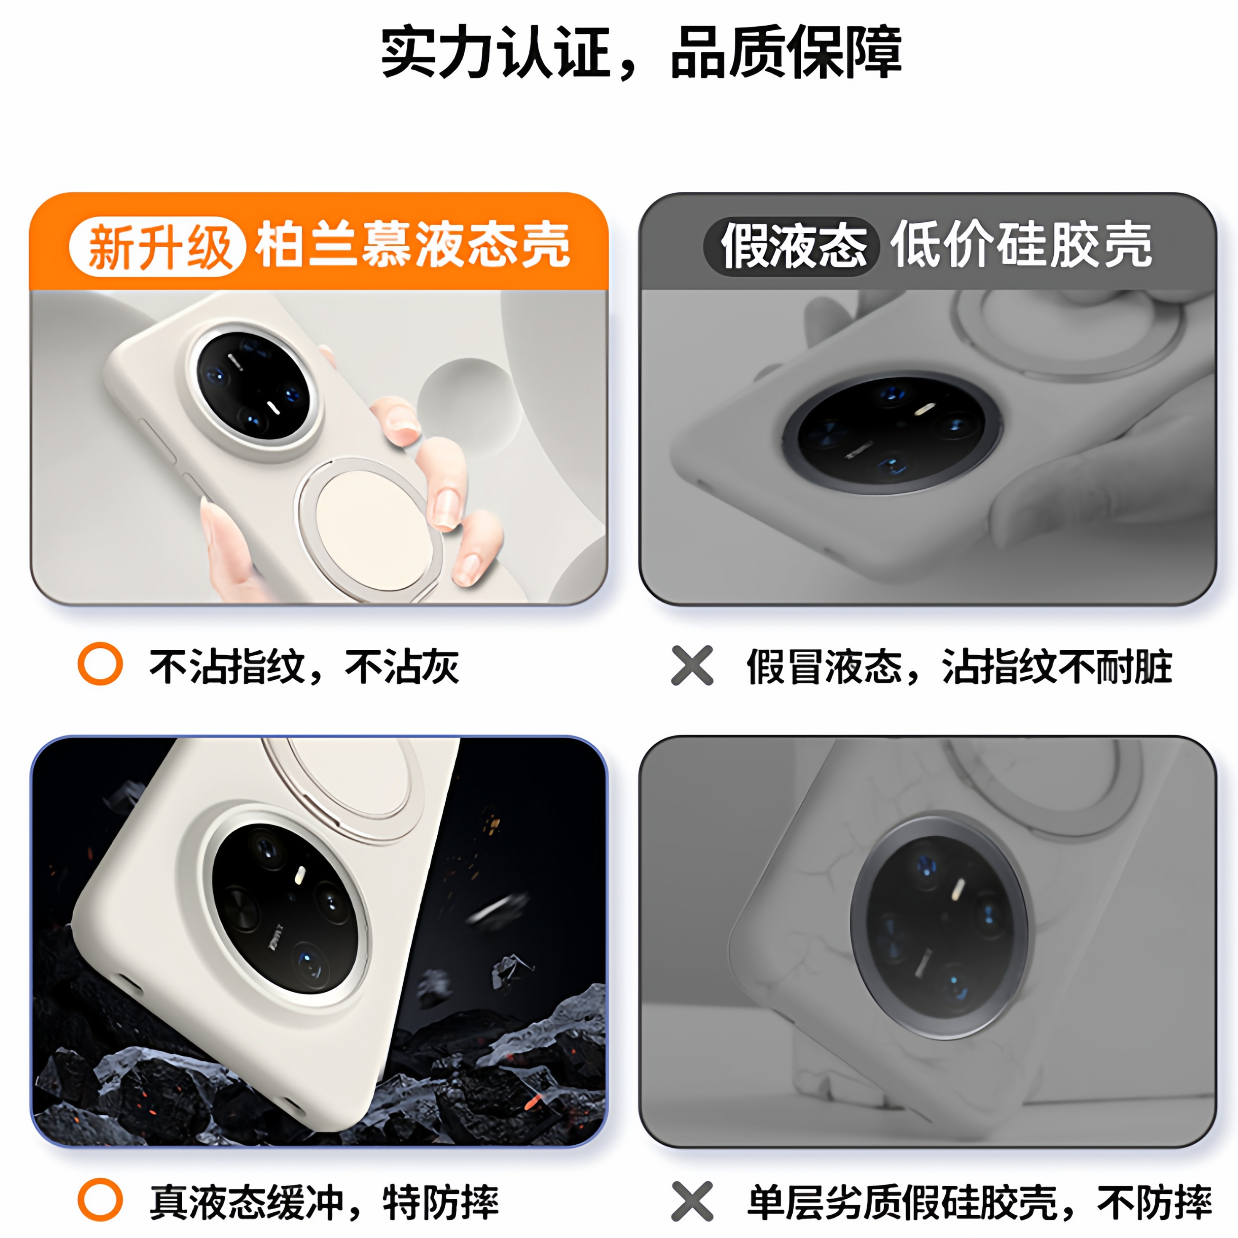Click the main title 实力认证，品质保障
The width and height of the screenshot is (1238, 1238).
[641, 53]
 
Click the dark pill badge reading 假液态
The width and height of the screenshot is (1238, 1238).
[793, 247]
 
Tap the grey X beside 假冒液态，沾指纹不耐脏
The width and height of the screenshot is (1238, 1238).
[692, 665]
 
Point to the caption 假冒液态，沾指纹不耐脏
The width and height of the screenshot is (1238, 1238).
[959, 666]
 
